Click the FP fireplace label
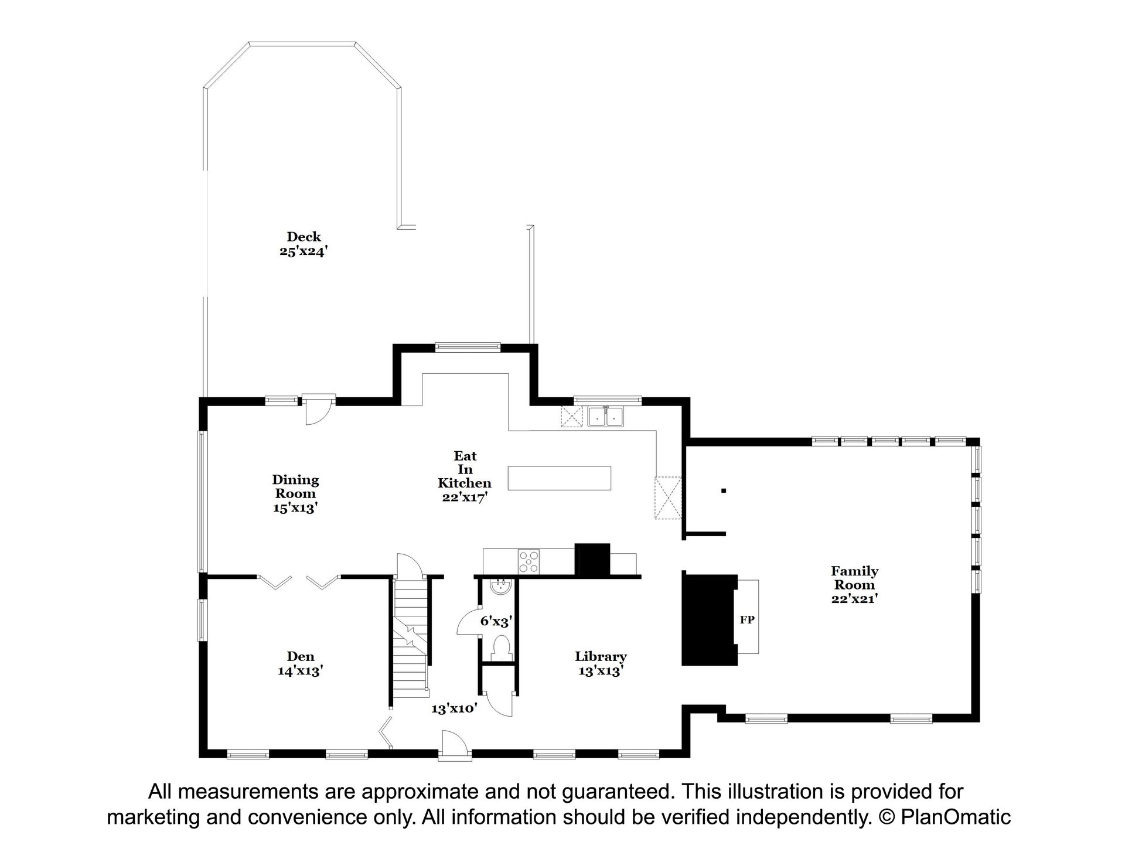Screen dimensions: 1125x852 [x=746, y=619]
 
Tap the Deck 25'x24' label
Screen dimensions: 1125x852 [x=304, y=244]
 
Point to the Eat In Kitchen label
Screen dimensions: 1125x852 [x=465, y=476]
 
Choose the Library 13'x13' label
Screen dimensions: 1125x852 [x=601, y=664]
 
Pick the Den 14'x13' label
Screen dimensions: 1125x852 [x=301, y=664]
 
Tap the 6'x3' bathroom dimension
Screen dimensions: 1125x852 [x=496, y=621]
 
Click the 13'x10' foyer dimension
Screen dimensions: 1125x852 [x=454, y=708]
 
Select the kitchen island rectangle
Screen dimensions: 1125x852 [x=559, y=478]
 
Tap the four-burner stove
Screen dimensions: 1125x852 [x=529, y=561]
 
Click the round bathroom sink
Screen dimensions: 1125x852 [x=500, y=587]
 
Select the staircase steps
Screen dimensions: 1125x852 [x=410, y=636]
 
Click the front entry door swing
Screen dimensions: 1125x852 [x=455, y=745]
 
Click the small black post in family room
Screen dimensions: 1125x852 [x=724, y=490]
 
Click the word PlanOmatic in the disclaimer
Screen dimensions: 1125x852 [x=956, y=817]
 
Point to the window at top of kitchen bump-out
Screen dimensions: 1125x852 [x=468, y=347]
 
